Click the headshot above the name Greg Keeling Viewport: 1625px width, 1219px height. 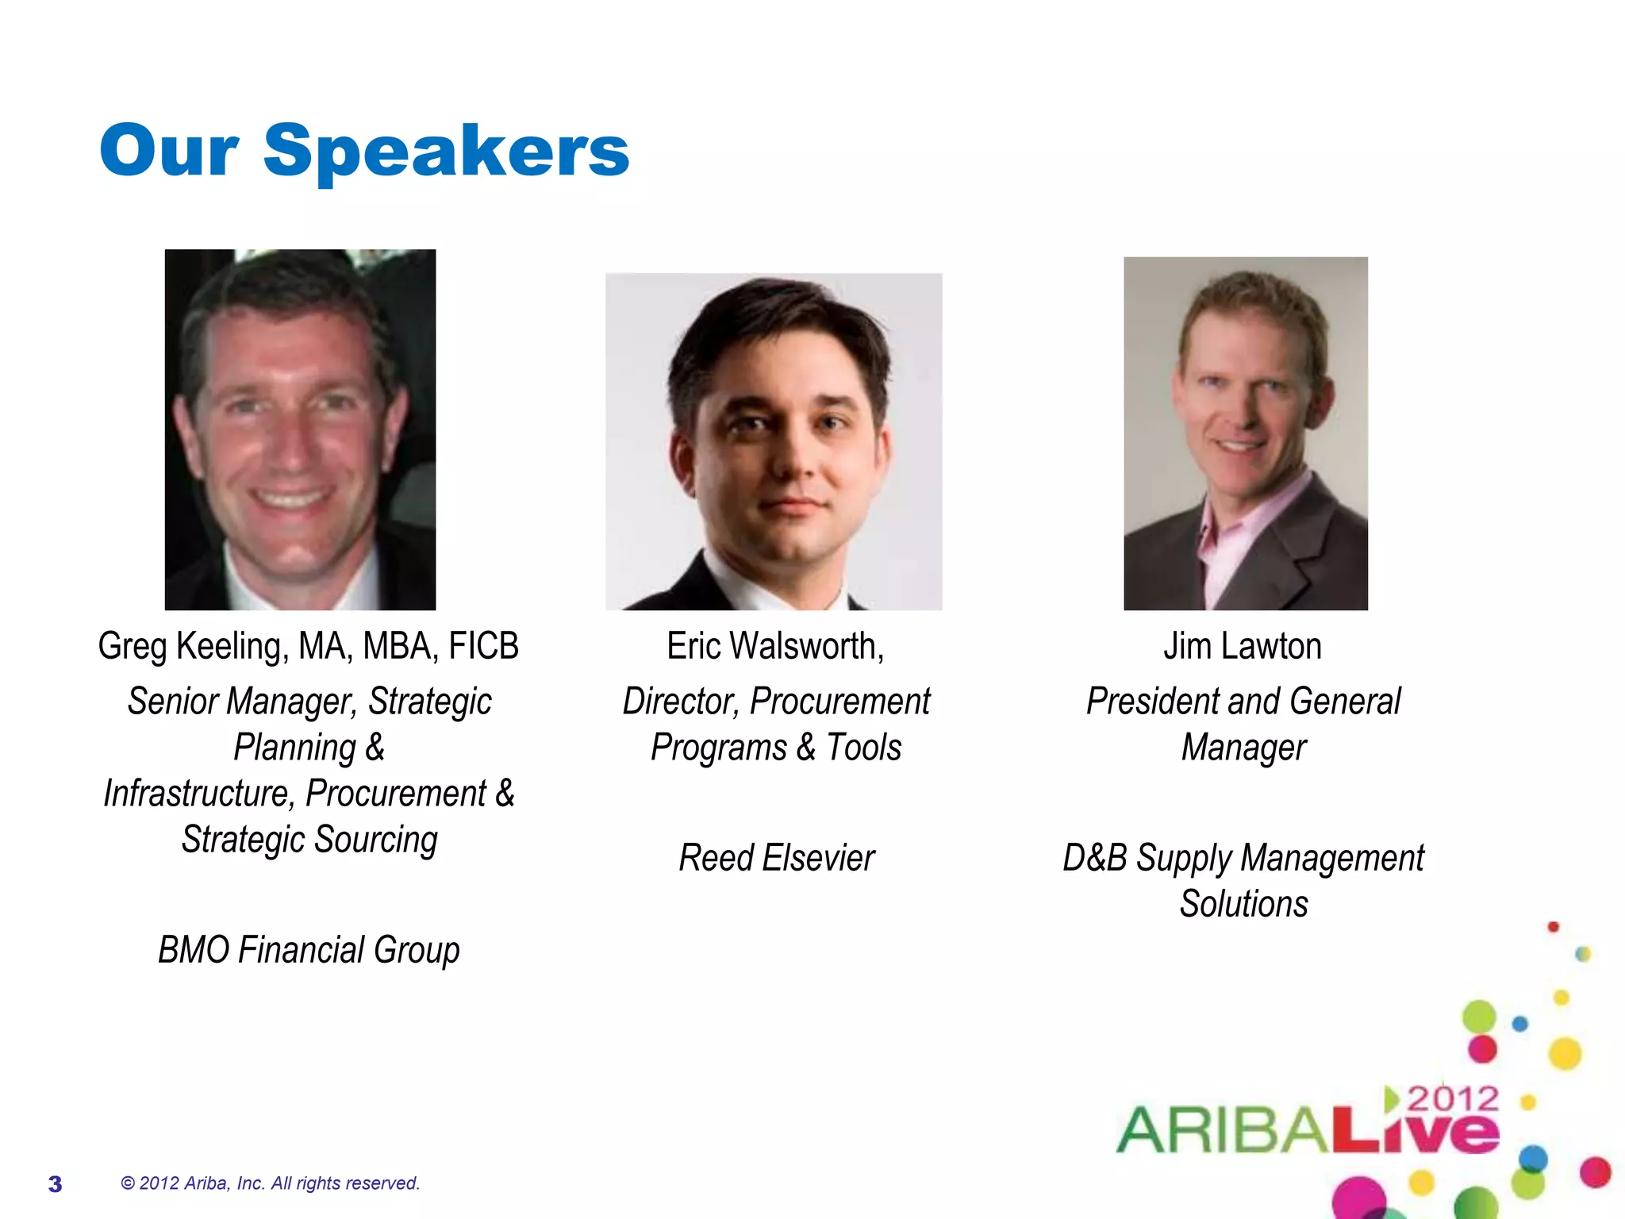point(300,429)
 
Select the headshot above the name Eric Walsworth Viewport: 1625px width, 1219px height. point(774,441)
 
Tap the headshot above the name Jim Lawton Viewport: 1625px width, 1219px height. point(1246,433)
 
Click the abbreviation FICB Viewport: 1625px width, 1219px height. point(483,646)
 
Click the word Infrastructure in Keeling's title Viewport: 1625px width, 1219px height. point(197,794)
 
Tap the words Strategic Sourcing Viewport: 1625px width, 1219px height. point(309,840)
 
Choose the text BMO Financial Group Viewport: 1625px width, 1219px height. point(309,950)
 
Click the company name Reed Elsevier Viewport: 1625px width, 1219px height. point(776,858)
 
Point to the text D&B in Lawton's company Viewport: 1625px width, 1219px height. point(1094,858)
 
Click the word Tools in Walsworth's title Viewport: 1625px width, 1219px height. point(863,748)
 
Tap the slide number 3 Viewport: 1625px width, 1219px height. point(55,1184)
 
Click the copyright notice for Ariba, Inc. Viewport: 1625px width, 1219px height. point(270,1183)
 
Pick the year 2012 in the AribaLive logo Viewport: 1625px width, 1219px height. point(1452,1099)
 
